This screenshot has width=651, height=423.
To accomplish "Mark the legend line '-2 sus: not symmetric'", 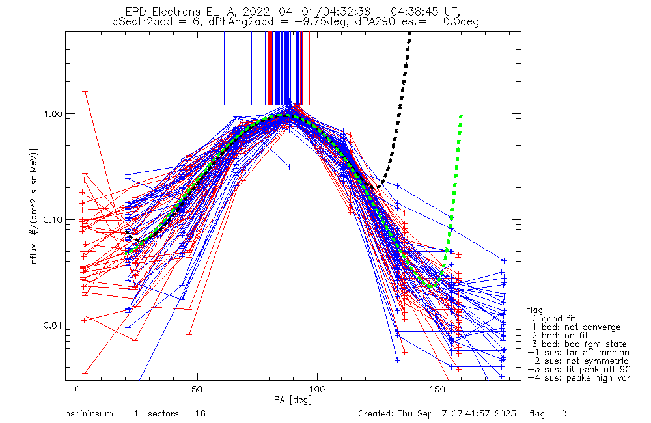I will point(578,361).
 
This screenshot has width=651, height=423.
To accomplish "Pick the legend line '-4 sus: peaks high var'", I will point(578,378).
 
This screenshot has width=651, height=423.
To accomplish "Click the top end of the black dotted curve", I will point(410,34).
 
